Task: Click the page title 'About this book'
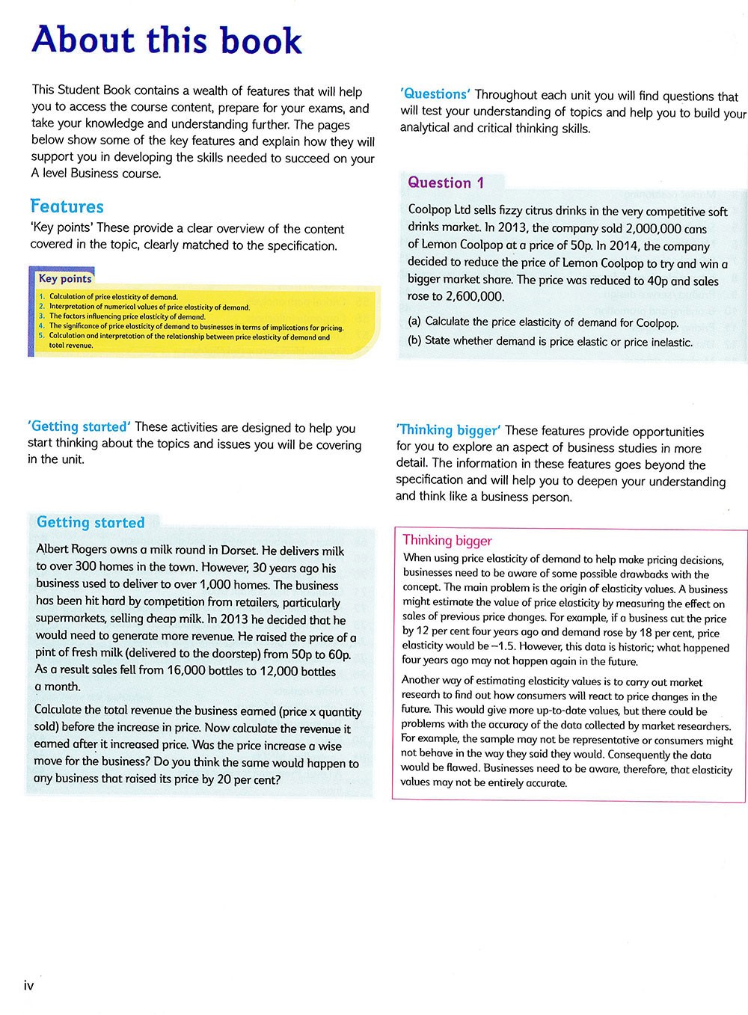(167, 40)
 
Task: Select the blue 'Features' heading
(67, 206)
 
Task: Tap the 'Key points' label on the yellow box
(65, 279)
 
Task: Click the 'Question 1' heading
(446, 183)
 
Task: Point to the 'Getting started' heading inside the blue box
(91, 522)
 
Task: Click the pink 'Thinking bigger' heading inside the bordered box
(447, 540)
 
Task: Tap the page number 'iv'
(29, 986)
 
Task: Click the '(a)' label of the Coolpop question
(414, 322)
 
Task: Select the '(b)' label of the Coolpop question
(414, 341)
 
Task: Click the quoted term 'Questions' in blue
(435, 94)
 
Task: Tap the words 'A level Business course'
(96, 174)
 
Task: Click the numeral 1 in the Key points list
(42, 297)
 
